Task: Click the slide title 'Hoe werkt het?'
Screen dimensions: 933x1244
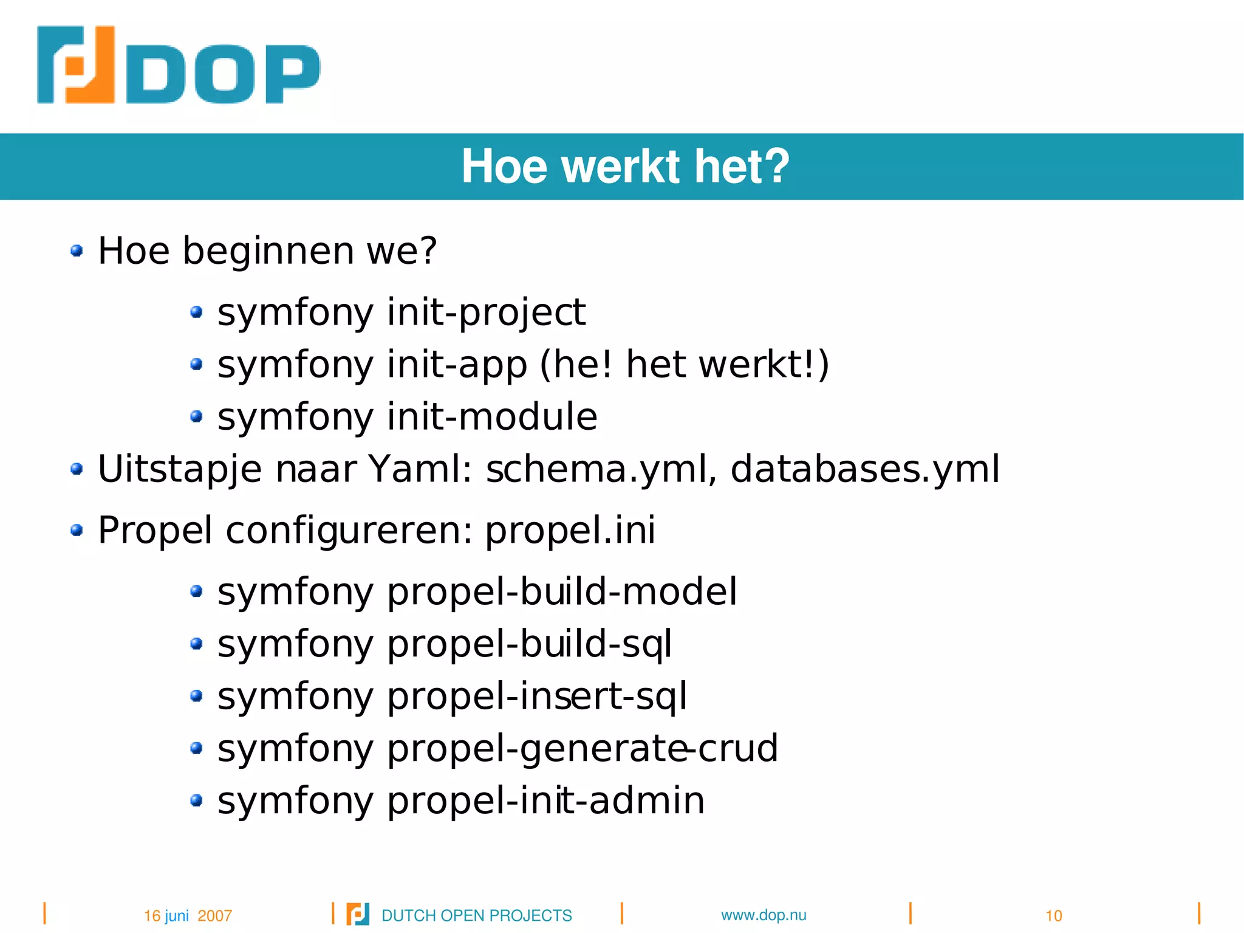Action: [x=625, y=167]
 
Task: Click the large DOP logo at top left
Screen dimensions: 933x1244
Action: [x=178, y=66]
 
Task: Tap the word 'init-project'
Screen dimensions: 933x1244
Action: [x=486, y=312]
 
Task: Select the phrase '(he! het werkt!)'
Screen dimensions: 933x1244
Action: [x=684, y=365]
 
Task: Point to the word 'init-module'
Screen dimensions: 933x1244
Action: [x=492, y=417]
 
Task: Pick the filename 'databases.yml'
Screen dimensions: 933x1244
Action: [x=864, y=469]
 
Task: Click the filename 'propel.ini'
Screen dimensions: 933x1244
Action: [x=570, y=530]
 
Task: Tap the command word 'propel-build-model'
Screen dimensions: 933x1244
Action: [x=562, y=592]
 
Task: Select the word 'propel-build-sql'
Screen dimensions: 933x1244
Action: [x=529, y=644]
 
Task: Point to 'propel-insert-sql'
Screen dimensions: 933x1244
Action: [x=537, y=697]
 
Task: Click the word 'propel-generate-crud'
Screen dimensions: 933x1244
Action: [x=582, y=748]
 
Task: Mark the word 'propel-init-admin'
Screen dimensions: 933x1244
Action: [x=545, y=800]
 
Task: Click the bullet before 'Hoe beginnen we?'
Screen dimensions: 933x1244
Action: [x=77, y=250]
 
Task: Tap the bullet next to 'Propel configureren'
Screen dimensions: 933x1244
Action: [x=77, y=531]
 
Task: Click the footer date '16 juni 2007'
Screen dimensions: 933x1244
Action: [x=188, y=915]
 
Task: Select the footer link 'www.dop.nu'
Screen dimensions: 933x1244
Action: [x=764, y=915]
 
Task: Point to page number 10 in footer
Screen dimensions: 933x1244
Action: [x=1053, y=915]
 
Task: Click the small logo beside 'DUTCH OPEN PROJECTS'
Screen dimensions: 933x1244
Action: [x=358, y=914]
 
